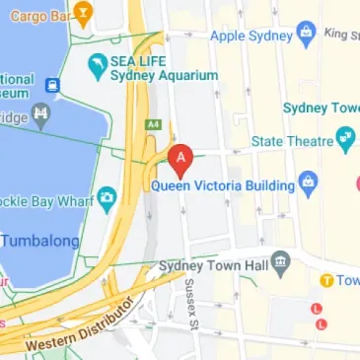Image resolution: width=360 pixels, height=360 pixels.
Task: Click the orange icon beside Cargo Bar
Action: (83, 15)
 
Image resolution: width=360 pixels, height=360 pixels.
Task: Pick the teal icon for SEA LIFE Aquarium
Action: (97, 66)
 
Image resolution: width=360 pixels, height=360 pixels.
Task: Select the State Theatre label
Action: (294, 143)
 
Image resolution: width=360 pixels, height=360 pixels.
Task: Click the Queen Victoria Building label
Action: (223, 184)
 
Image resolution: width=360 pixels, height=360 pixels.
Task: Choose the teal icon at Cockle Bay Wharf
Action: (108, 201)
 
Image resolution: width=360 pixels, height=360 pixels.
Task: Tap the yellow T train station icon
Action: (324, 280)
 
